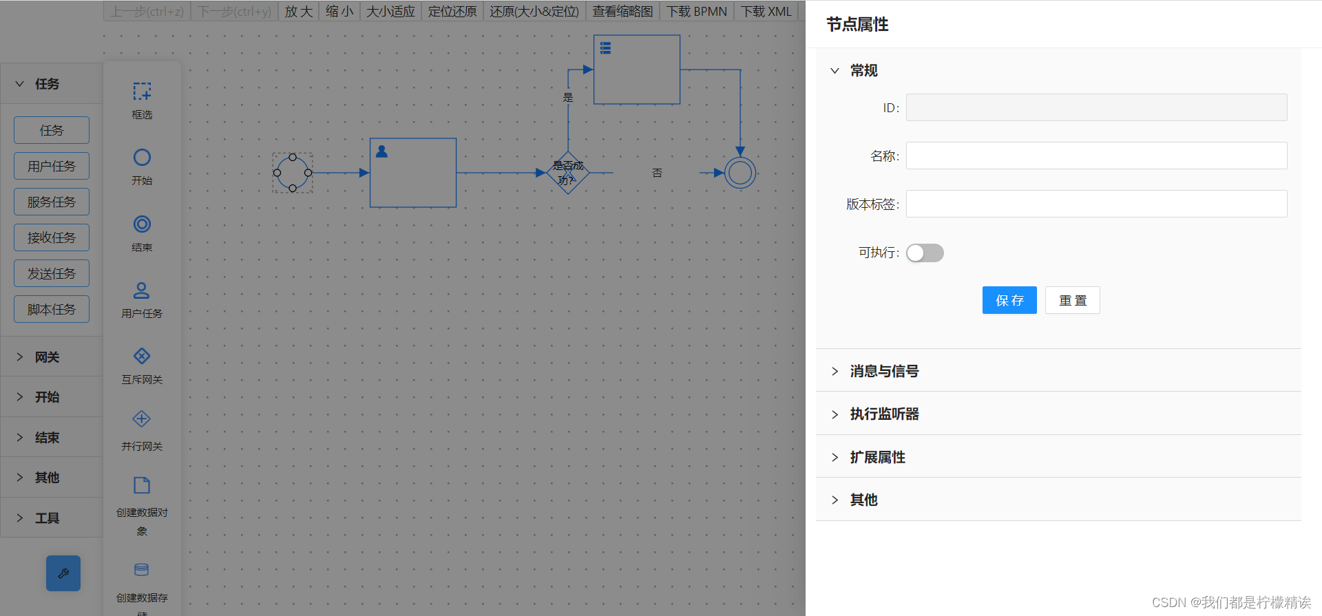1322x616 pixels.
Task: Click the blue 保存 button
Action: pos(1009,300)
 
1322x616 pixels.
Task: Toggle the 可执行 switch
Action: pos(925,253)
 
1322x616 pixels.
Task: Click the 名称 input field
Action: pos(1096,156)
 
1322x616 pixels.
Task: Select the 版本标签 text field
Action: pos(1096,204)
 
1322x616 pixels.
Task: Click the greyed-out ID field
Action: pos(1096,107)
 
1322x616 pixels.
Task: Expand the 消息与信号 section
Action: pos(884,371)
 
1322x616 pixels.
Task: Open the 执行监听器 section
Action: pos(884,414)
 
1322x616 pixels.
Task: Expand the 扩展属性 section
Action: pos(877,457)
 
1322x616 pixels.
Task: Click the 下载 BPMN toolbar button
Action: pos(696,12)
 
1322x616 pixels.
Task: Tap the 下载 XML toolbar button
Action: pos(766,12)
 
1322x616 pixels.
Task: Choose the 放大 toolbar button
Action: pos(299,12)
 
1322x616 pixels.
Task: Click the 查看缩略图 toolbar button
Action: pos(622,12)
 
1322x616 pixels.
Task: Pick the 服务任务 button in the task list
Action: pos(52,202)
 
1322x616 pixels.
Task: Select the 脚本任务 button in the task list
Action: pos(52,309)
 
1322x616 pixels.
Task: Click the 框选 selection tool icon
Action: pos(142,92)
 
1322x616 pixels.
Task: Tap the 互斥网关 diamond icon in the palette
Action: pos(142,356)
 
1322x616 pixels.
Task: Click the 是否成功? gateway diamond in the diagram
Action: pos(567,173)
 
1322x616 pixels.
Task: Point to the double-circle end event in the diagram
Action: pos(740,173)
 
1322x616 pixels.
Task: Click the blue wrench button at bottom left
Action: pos(63,573)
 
